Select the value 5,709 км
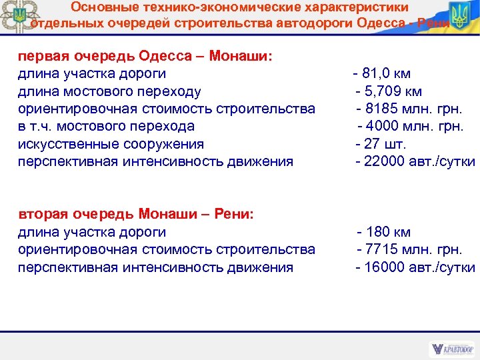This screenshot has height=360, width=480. click(389, 91)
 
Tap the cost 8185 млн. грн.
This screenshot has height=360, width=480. click(410, 109)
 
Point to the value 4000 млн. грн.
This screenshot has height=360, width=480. click(411, 126)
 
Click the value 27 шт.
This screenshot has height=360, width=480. click(381, 144)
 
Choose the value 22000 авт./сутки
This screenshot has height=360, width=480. click(415, 161)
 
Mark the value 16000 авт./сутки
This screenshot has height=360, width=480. click(415, 267)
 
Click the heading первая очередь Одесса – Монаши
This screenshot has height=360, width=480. click(145, 55)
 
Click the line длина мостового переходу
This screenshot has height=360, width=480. click(109, 91)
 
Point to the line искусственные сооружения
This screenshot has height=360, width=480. click(111, 144)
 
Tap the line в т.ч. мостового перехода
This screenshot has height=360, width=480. click(106, 126)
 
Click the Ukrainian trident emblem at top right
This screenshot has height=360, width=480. click(459, 17)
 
